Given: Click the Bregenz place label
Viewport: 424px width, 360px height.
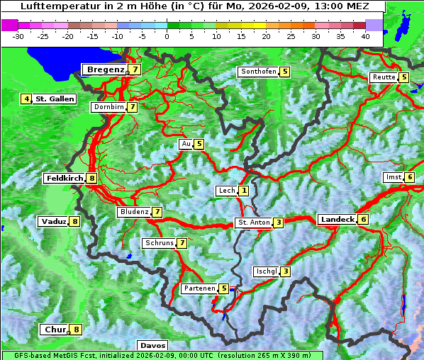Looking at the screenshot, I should click(105, 69).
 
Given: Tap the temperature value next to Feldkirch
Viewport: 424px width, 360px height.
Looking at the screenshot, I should click(92, 179).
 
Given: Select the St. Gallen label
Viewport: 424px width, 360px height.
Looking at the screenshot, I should click(55, 99).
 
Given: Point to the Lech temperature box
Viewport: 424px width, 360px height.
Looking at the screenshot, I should click(244, 191).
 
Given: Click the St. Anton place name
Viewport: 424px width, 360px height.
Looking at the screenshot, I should click(253, 223).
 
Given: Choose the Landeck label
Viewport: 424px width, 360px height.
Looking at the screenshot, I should click(337, 220).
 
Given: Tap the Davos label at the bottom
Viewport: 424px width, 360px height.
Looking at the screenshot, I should click(153, 346).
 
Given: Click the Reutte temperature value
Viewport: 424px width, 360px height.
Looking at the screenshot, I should click(403, 77).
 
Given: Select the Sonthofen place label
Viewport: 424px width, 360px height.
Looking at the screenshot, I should click(258, 72).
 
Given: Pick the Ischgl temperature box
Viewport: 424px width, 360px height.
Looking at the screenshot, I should click(285, 271).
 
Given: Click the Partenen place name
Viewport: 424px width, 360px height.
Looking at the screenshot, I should click(199, 288).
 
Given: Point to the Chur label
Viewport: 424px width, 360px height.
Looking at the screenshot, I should click(55, 330).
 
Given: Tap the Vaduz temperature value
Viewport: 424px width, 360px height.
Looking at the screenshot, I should click(74, 222).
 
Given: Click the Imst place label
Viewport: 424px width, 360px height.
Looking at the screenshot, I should click(393, 177).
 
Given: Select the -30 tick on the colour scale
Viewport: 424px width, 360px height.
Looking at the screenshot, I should click(18, 35).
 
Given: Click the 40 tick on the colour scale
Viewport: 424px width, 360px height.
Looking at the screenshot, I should click(365, 35).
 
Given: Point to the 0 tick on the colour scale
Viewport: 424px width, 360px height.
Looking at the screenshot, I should click(167, 35).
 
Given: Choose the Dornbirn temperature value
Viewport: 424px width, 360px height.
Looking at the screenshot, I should click(132, 107).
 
